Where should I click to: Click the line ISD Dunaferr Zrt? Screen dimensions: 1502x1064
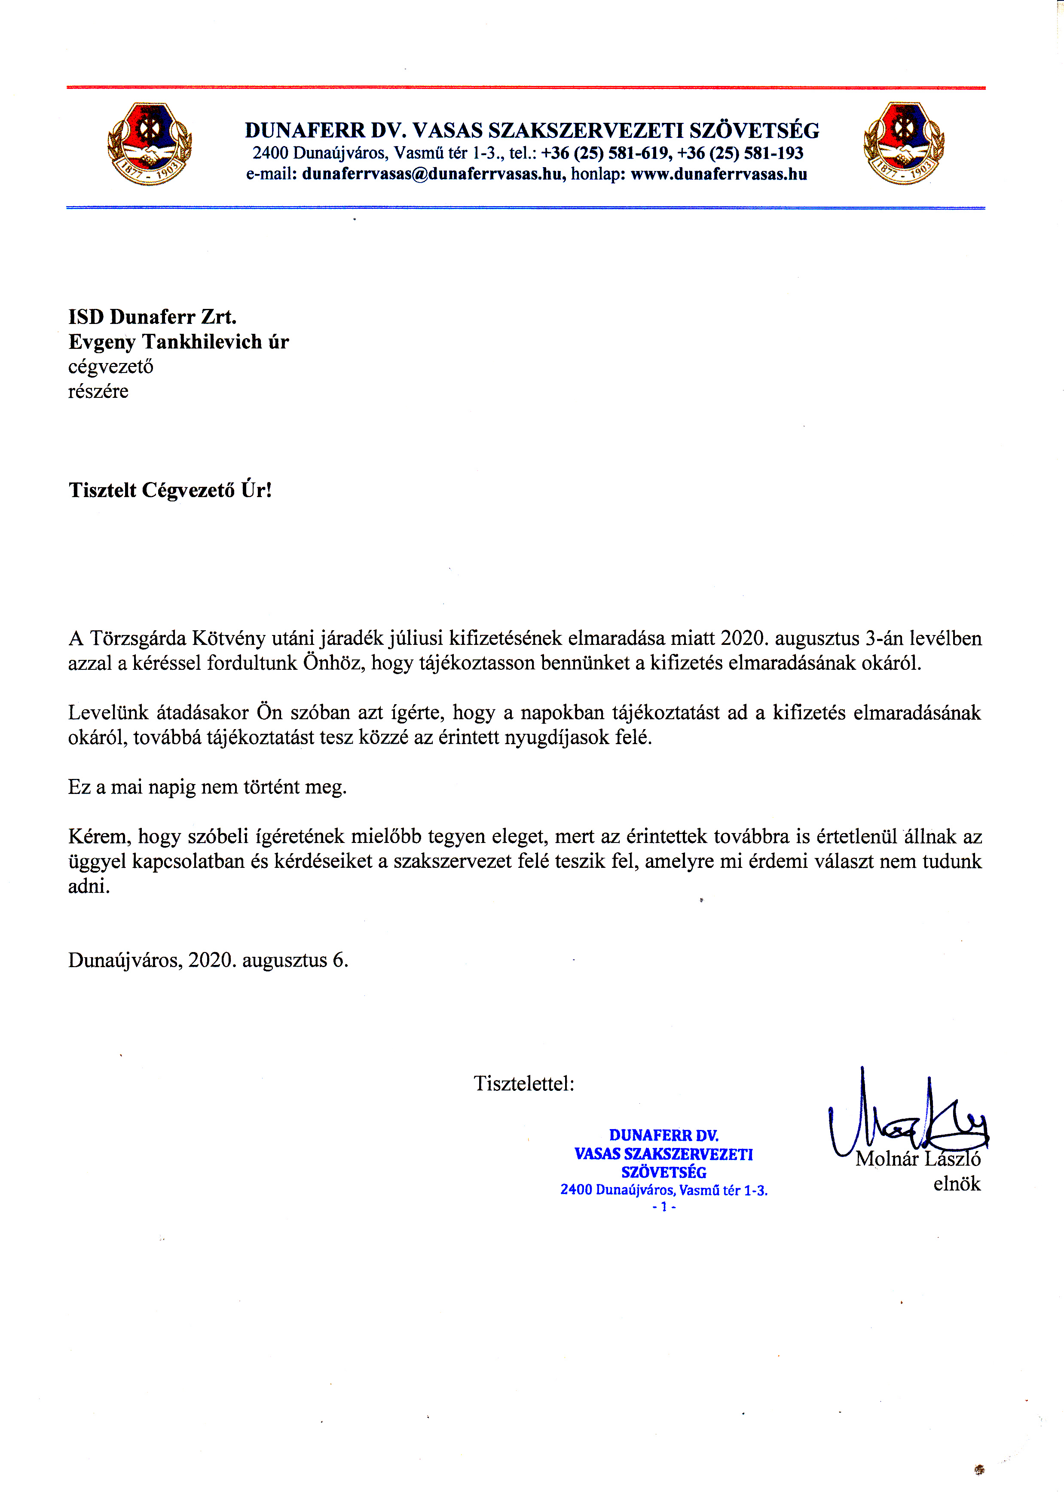click(x=152, y=317)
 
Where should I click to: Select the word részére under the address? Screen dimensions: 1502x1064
click(x=98, y=392)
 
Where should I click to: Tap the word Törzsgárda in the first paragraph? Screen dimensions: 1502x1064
click(x=138, y=638)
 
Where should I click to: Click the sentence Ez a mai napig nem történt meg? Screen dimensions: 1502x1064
click(x=207, y=787)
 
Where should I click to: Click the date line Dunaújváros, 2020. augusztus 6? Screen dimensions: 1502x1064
click(x=208, y=960)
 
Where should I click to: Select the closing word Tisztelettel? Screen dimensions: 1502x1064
click(x=523, y=1084)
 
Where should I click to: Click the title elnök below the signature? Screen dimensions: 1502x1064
click(x=957, y=1184)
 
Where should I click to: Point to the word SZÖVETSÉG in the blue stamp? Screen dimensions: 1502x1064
click(x=663, y=1172)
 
